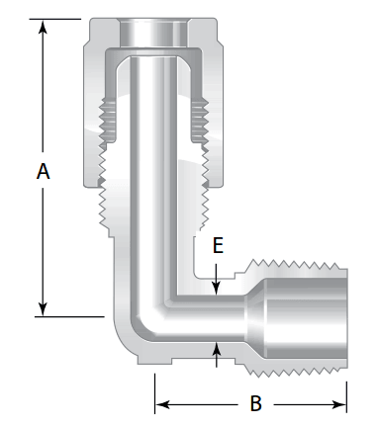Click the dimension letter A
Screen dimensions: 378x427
click(44, 171)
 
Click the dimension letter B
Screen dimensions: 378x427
click(255, 403)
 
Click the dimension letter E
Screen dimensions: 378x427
click(218, 246)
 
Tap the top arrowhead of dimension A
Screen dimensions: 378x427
click(43, 27)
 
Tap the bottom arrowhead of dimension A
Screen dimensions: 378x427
click(43, 309)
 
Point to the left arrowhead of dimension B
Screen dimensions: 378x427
click(162, 404)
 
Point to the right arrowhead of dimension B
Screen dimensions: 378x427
click(339, 404)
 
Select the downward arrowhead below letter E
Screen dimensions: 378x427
click(216, 288)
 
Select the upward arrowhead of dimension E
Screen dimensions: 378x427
click(216, 349)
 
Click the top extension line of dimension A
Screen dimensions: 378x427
click(55, 19)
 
